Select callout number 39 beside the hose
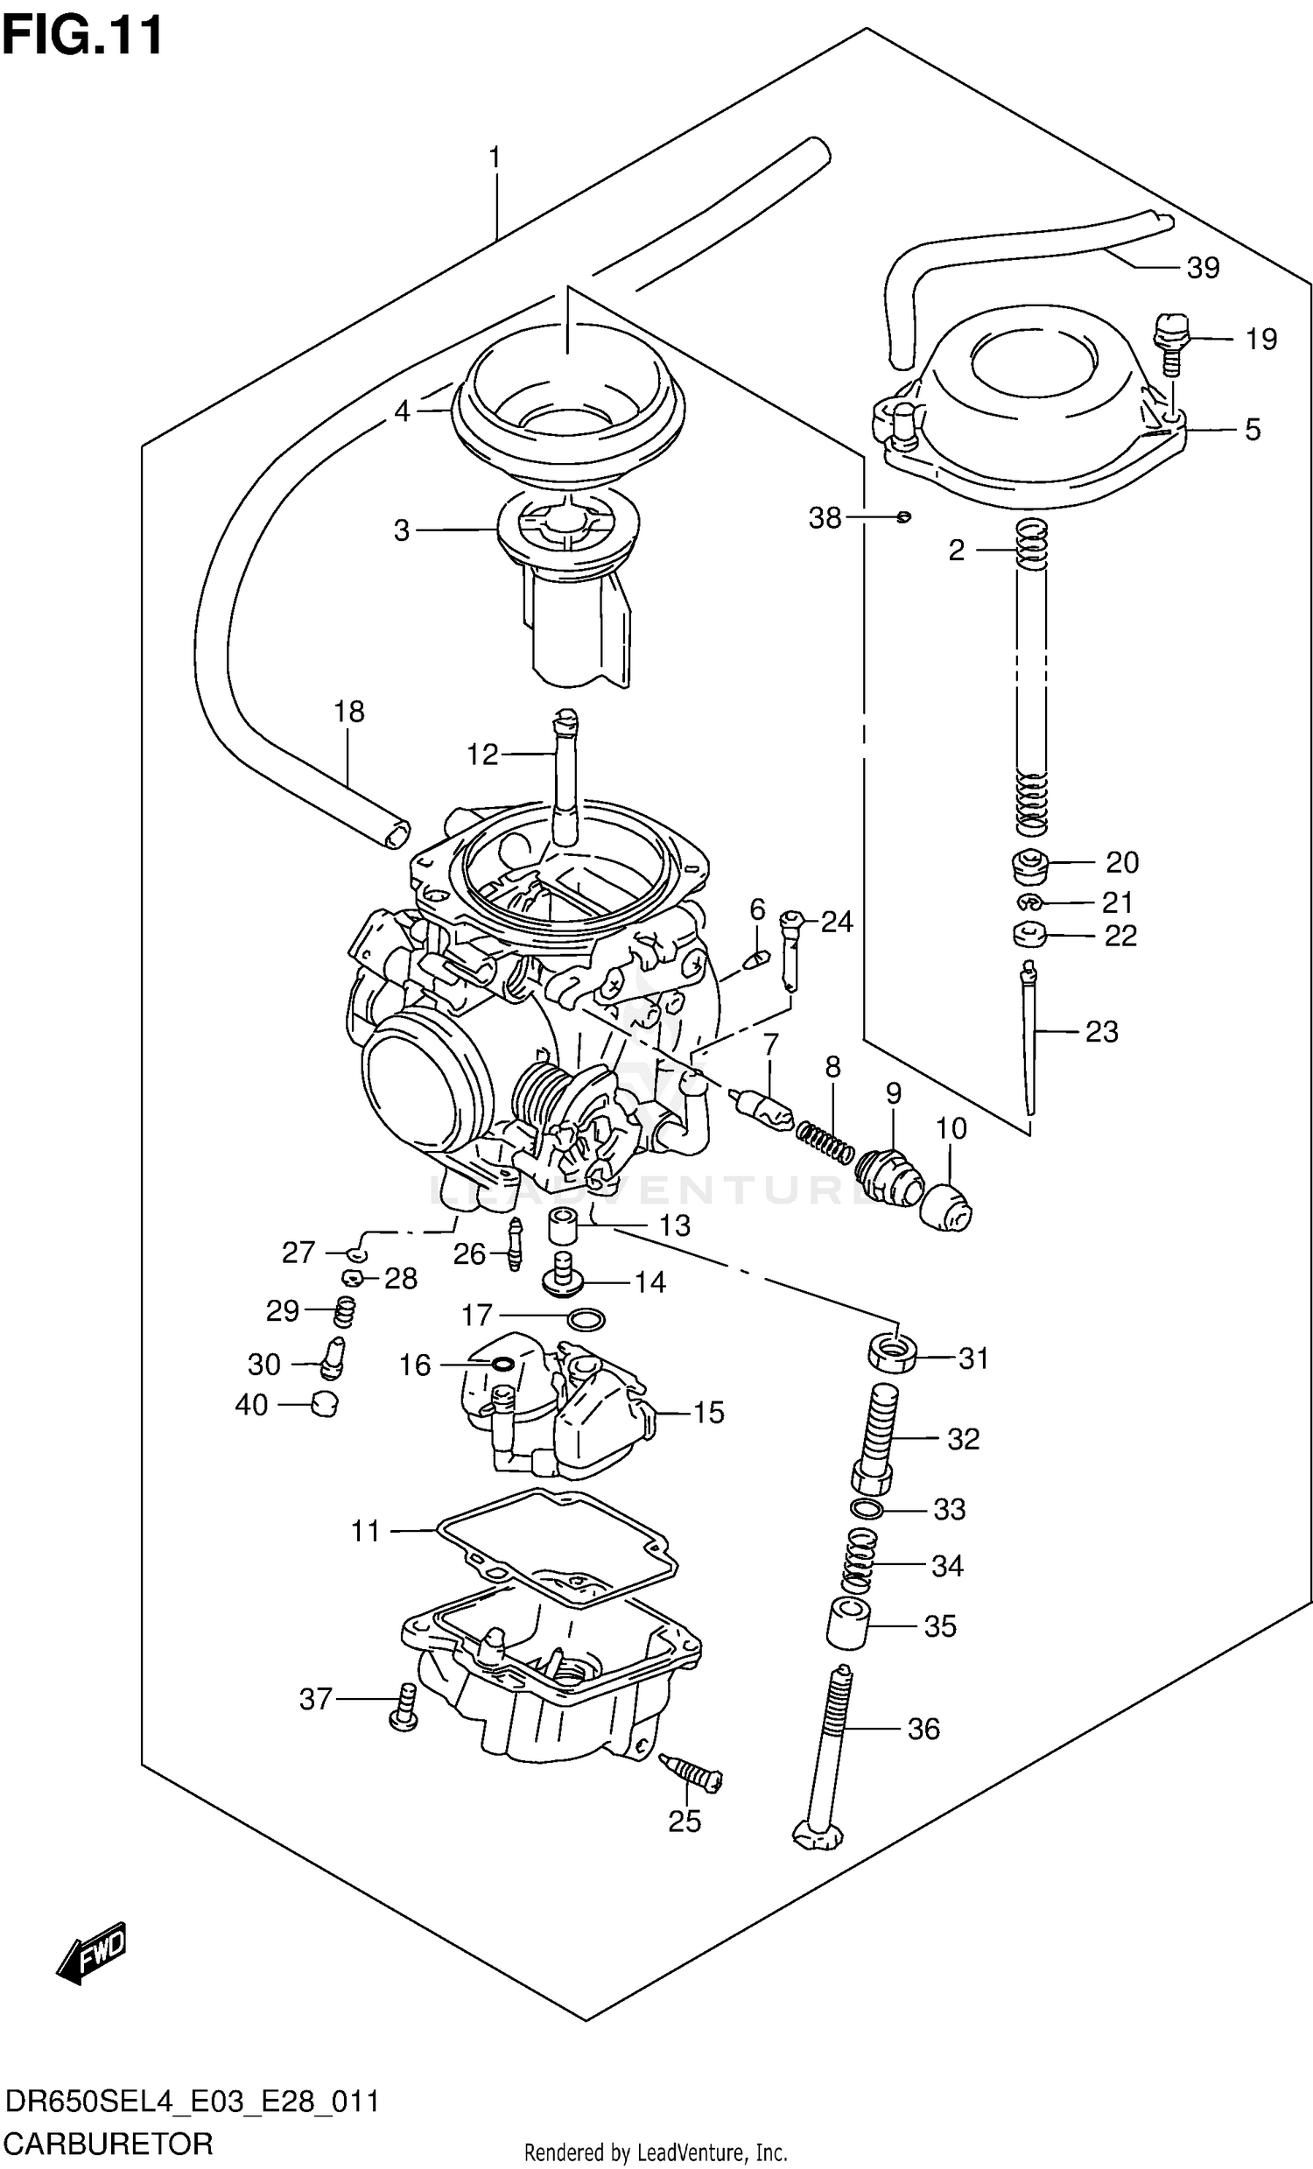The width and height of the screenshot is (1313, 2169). tap(1202, 268)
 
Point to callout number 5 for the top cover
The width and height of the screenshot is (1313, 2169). tap(1253, 430)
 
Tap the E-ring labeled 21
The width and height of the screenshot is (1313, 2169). tap(1028, 902)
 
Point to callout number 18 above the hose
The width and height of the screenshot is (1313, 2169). tap(348, 712)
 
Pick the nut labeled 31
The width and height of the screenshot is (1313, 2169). tap(892, 1356)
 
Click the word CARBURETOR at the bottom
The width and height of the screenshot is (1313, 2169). tap(108, 2144)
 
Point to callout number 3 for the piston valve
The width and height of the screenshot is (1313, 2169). tap(401, 530)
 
